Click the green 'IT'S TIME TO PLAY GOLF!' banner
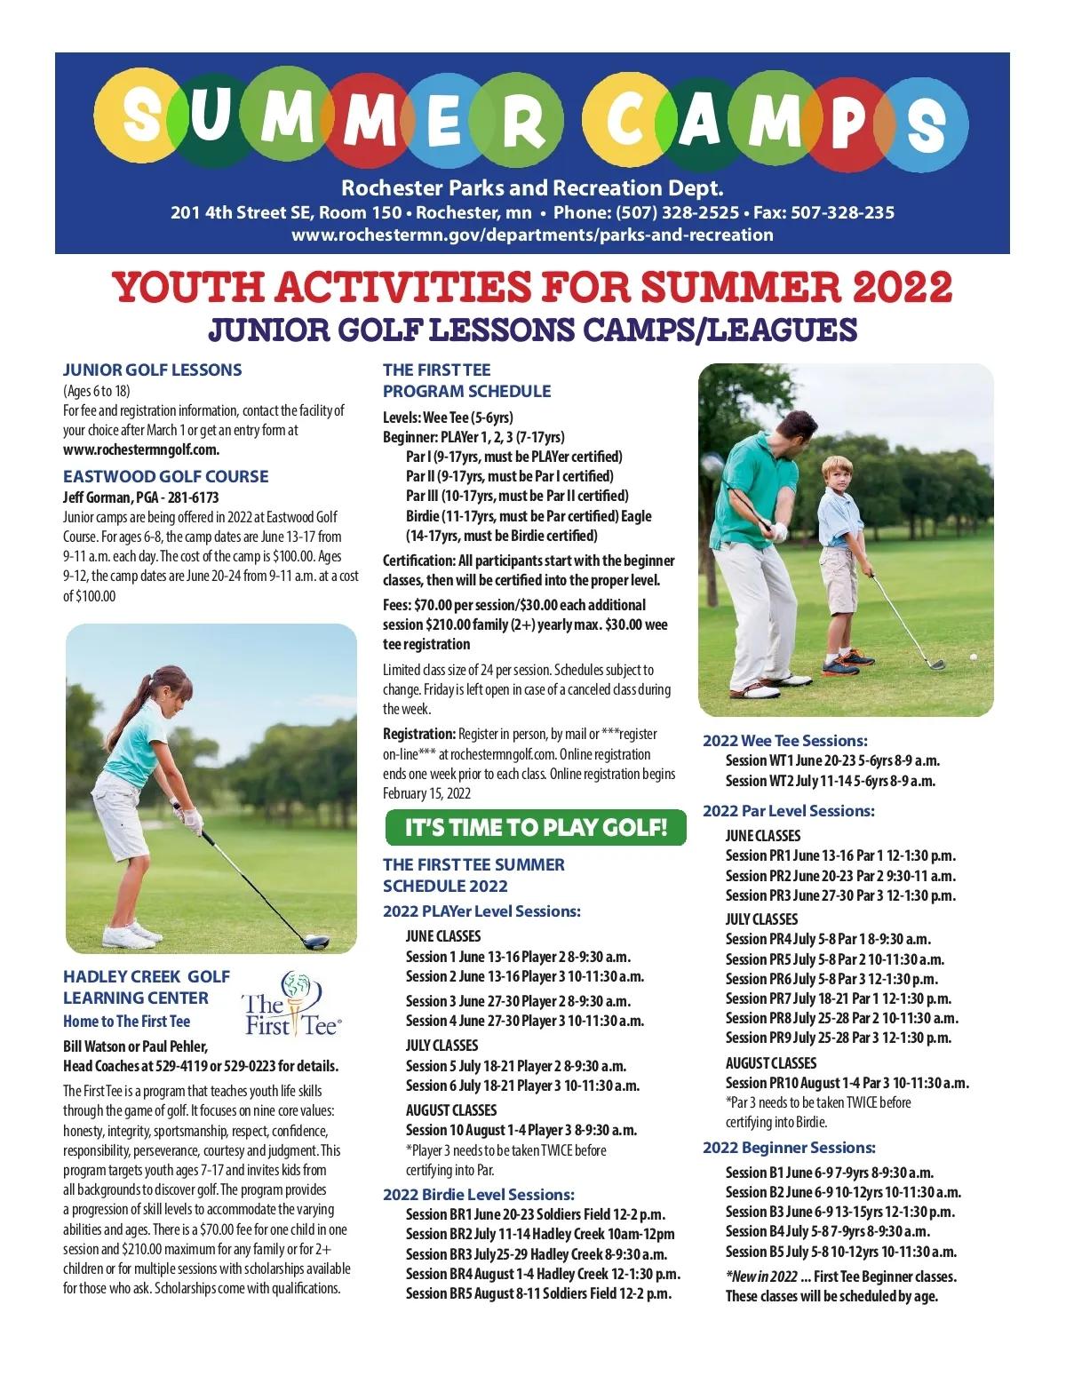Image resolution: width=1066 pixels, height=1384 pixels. (535, 828)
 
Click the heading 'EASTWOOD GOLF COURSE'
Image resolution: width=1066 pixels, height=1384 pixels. (165, 476)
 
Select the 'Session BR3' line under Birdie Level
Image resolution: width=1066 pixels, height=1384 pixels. (536, 1254)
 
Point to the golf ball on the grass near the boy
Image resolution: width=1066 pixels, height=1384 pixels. (973, 656)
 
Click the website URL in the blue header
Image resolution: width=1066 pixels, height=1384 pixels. (532, 235)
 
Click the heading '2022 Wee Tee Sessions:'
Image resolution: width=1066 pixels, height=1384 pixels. (784, 741)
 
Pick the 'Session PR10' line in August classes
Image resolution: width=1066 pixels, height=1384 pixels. (847, 1083)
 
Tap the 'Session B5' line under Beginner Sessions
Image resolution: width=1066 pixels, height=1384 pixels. (840, 1252)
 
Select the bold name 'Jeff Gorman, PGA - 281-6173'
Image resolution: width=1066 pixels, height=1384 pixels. (140, 497)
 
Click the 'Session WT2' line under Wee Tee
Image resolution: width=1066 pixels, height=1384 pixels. (830, 781)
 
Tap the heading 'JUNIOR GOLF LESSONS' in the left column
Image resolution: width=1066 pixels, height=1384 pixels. (152, 370)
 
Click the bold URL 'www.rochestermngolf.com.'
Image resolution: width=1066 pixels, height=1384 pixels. (140, 449)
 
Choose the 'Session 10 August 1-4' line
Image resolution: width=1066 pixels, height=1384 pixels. (521, 1130)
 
